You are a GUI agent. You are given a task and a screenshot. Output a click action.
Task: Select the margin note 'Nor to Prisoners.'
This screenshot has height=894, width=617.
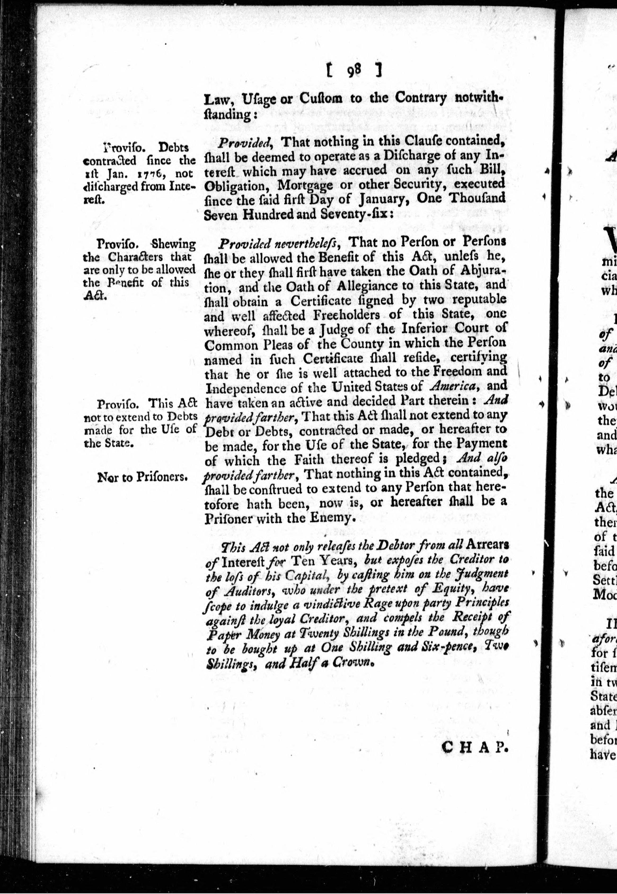tap(143, 477)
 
